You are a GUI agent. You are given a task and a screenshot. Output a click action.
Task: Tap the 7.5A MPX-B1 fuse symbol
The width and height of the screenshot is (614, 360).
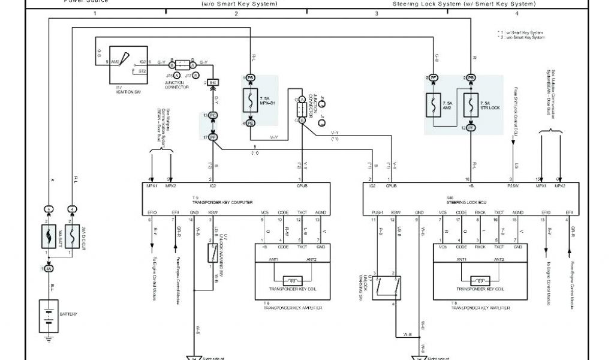click(x=251, y=100)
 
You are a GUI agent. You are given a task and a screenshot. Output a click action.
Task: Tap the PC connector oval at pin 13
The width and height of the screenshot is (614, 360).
click(x=213, y=115)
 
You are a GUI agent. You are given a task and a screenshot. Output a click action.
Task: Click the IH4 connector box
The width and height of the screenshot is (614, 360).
click(x=213, y=83)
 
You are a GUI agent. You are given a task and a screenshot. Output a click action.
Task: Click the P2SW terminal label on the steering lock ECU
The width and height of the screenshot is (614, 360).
click(x=513, y=186)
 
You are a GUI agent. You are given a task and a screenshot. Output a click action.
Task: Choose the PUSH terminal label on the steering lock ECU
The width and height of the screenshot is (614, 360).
click(x=377, y=212)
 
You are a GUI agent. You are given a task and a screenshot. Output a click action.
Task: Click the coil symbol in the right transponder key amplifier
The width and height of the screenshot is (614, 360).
click(x=480, y=280)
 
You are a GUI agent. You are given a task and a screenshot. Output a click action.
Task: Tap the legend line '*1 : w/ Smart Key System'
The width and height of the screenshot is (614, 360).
click(x=521, y=32)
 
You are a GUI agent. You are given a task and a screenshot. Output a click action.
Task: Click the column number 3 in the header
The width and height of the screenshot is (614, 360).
click(x=377, y=13)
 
